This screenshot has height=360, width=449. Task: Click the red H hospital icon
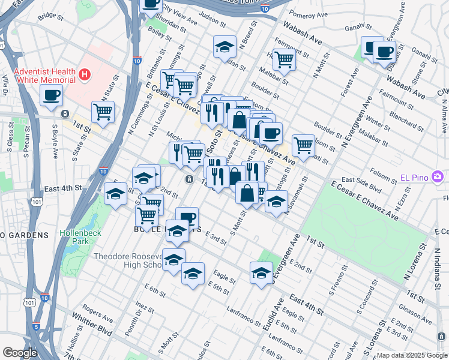coord(85,75)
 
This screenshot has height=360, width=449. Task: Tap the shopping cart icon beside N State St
coord(103,111)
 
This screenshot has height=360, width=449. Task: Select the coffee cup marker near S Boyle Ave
coord(51,95)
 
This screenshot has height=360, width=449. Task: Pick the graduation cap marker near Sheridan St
coord(224,47)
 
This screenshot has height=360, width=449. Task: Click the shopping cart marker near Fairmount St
coord(283,59)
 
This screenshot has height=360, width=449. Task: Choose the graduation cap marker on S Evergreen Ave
coord(261,272)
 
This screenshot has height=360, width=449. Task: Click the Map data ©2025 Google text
coord(412,355)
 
